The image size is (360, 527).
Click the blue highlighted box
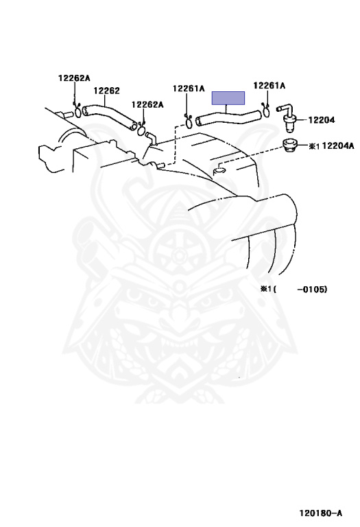[x=228, y=98]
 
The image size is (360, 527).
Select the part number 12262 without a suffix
[x=106, y=91]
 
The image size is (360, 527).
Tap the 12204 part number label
[x=322, y=119]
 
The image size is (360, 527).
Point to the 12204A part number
[x=338, y=145]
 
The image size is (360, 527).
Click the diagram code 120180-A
[x=321, y=513]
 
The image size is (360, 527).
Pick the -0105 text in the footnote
[x=312, y=289]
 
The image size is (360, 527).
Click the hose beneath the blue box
[x=228, y=117]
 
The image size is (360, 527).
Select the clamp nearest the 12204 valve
[x=266, y=111]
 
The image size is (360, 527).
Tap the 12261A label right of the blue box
[x=269, y=86]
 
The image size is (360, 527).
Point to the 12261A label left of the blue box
[x=189, y=89]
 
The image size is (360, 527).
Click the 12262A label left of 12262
[x=74, y=78]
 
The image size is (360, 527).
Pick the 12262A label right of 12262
[x=147, y=104]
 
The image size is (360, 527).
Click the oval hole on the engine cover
[x=219, y=171]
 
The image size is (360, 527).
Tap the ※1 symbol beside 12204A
[x=314, y=146]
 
